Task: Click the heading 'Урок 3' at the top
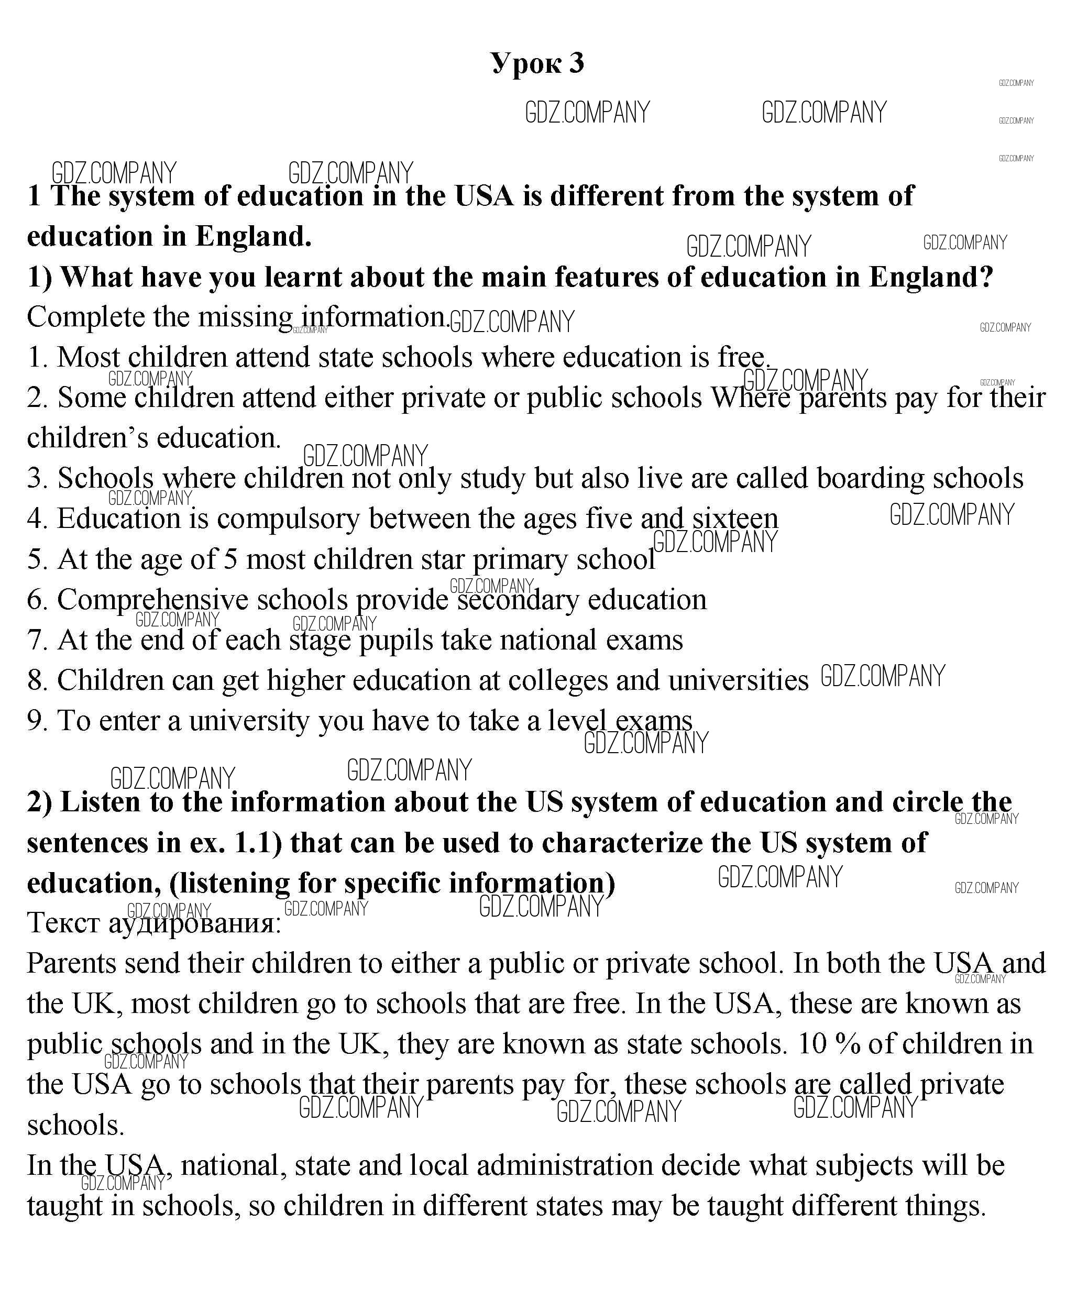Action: [x=537, y=63]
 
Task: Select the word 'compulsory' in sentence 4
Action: [x=288, y=519]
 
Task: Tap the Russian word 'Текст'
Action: [x=63, y=923]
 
